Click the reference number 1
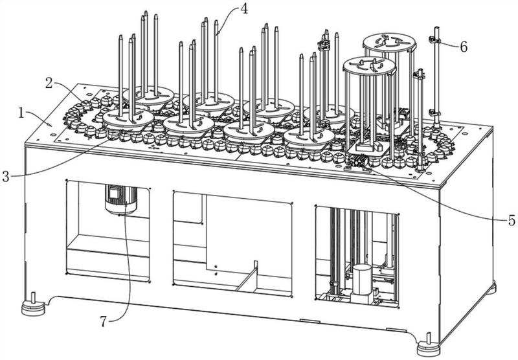22,113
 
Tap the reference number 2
49,84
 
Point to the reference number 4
243,9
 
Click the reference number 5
512,221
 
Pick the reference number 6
464,46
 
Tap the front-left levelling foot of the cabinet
31,305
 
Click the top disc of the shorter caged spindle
368,65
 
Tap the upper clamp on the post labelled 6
434,40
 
